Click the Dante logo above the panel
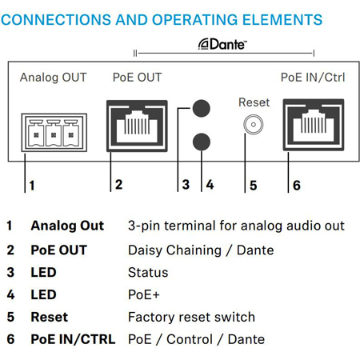click(x=222, y=44)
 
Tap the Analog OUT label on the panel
click(x=54, y=78)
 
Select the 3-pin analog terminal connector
click(x=54, y=133)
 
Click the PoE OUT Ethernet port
click(x=137, y=126)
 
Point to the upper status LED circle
click(x=202, y=108)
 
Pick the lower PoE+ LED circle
click(x=202, y=142)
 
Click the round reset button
click(x=254, y=124)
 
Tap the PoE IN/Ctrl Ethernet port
click(x=314, y=125)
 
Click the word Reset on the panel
click(x=254, y=102)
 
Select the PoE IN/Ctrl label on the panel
click(x=313, y=78)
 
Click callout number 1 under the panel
click(x=32, y=186)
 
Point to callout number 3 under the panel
click(x=186, y=185)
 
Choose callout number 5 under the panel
click(x=254, y=186)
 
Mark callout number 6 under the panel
click(x=297, y=186)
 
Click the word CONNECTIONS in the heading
click(x=56, y=20)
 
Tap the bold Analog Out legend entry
click(x=67, y=226)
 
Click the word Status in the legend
click(x=148, y=273)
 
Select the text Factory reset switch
click(x=191, y=317)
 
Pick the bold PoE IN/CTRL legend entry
click(x=73, y=339)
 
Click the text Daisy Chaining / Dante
click(x=201, y=250)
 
